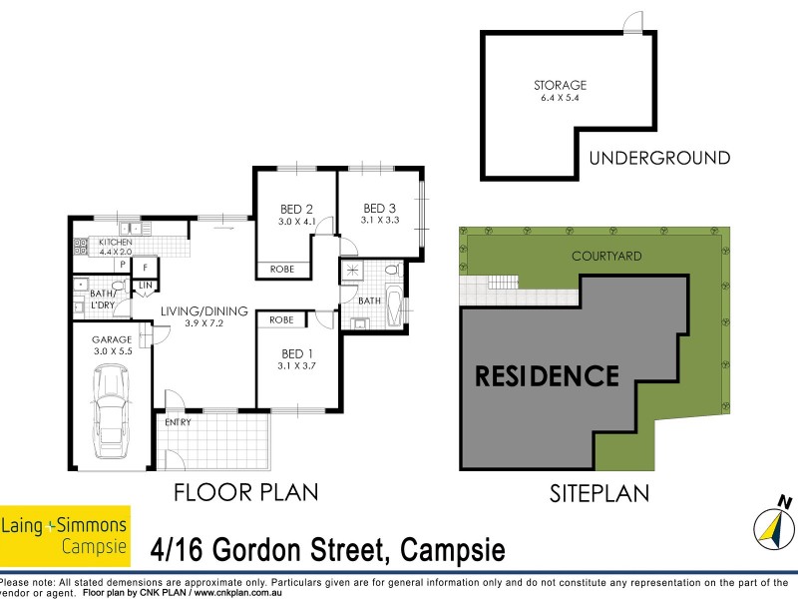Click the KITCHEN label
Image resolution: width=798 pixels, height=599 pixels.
115,242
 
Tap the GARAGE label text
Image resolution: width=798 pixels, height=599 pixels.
112,339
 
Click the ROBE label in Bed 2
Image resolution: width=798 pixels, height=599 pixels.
281,269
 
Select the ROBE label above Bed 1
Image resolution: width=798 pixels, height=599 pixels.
281,319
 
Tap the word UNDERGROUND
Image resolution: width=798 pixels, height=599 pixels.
659,158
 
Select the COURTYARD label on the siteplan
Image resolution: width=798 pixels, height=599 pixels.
606,257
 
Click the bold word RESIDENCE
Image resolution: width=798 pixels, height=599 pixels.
546,376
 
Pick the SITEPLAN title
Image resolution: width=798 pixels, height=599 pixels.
599,492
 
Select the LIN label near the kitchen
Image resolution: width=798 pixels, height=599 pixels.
145,287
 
